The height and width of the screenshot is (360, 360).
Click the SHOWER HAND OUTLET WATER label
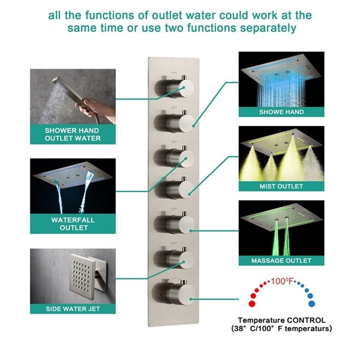point(72,134)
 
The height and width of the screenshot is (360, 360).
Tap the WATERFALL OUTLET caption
point(72,223)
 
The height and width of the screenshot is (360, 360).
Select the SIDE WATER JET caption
point(72,308)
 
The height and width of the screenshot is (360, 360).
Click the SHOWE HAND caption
point(281,112)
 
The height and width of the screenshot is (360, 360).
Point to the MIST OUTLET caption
point(281,187)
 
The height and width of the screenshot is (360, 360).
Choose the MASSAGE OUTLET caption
point(281,260)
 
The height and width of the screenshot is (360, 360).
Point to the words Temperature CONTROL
point(281,320)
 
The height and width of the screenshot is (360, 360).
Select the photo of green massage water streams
point(281,228)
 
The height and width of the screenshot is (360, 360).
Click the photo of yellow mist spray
point(281,154)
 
